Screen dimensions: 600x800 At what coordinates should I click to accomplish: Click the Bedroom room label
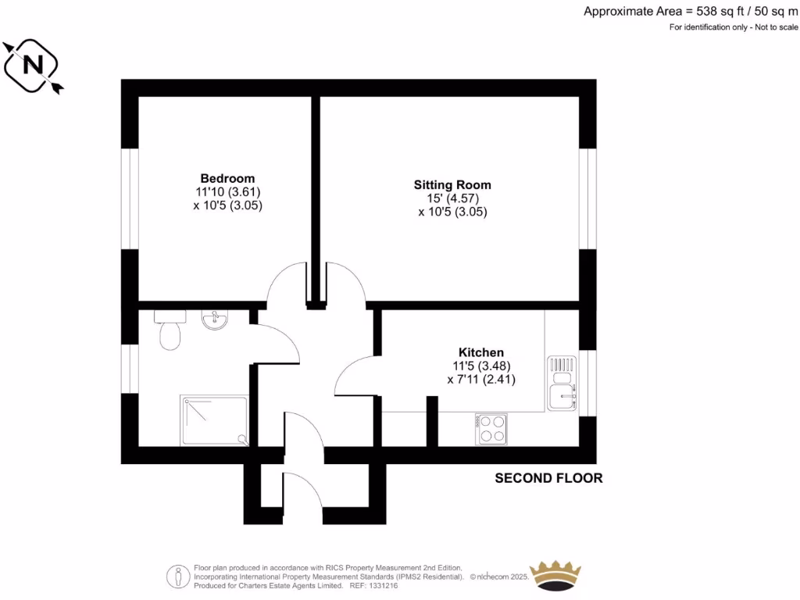(x=227, y=178)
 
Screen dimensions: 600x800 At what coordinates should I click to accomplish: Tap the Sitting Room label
(x=452, y=185)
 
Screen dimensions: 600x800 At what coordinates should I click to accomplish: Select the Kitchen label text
(x=480, y=352)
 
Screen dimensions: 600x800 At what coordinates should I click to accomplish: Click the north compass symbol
(x=34, y=66)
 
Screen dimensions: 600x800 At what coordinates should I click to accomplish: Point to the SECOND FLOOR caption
(x=548, y=478)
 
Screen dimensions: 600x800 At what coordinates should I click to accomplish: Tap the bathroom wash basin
(x=213, y=320)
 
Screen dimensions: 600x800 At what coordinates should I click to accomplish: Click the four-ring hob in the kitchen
(x=491, y=430)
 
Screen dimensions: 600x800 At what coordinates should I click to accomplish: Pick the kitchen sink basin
(x=562, y=398)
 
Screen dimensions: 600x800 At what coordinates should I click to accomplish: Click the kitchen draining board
(x=562, y=366)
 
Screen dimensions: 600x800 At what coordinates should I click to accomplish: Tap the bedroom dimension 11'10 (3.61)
(x=227, y=192)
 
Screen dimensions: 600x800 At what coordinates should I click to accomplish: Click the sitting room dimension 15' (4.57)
(x=452, y=198)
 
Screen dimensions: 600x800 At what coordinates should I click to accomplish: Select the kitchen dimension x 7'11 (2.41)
(x=480, y=380)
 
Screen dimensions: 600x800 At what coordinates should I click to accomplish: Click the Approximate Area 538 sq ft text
(x=691, y=11)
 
